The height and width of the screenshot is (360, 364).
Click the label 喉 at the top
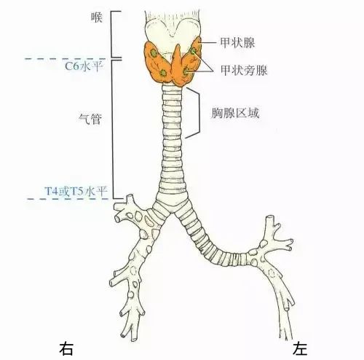coord(97,17)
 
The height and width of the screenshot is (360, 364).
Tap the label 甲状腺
coord(237,43)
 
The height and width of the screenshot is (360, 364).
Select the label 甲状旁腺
coord(244,71)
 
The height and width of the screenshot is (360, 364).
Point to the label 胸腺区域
coord(235,113)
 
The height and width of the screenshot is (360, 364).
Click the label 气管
coord(90,119)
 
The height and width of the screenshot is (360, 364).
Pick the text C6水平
coord(82,66)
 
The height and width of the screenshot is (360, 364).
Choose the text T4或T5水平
coord(76,191)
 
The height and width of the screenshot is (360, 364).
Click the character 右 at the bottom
coord(66,349)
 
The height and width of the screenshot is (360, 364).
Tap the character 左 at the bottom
coord(300,349)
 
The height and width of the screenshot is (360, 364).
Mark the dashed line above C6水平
coord(66,59)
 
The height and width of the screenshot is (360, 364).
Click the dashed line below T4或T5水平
coord(68,199)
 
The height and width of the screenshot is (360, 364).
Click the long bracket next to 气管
coord(113,129)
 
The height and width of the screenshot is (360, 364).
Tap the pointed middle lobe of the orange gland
coord(177,63)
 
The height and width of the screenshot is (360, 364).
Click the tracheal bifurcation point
coord(172,213)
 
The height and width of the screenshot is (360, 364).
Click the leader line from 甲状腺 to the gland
coord(207,43)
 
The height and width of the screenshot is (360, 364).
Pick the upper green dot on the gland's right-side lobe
coord(194,51)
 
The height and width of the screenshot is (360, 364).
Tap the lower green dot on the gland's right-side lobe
coord(186,71)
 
